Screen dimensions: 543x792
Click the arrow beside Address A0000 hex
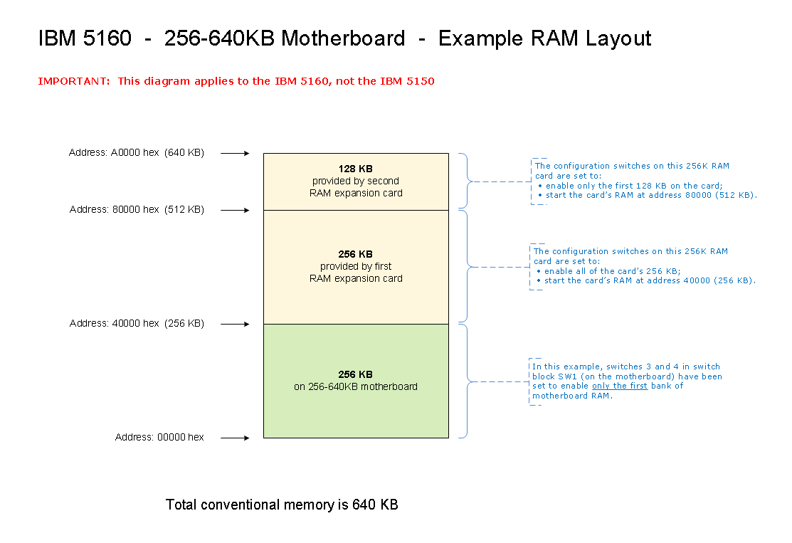(235, 153)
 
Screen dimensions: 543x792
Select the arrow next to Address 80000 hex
(235, 210)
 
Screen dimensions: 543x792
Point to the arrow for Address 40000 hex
(235, 324)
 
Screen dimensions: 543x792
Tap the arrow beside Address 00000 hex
(235, 438)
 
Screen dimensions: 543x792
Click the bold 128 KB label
(356, 169)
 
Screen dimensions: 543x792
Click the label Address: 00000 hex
(159, 437)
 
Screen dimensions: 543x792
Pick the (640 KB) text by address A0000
(184, 152)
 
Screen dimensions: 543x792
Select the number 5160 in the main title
(107, 38)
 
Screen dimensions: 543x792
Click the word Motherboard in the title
(343, 38)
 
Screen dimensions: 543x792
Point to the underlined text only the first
(619, 386)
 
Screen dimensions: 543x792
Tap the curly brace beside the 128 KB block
(467, 181)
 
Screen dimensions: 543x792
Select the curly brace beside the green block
(467, 381)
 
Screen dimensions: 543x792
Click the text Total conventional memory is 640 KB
(282, 505)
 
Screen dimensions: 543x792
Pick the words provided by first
(356, 266)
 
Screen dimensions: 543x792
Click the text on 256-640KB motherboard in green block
(356, 386)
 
